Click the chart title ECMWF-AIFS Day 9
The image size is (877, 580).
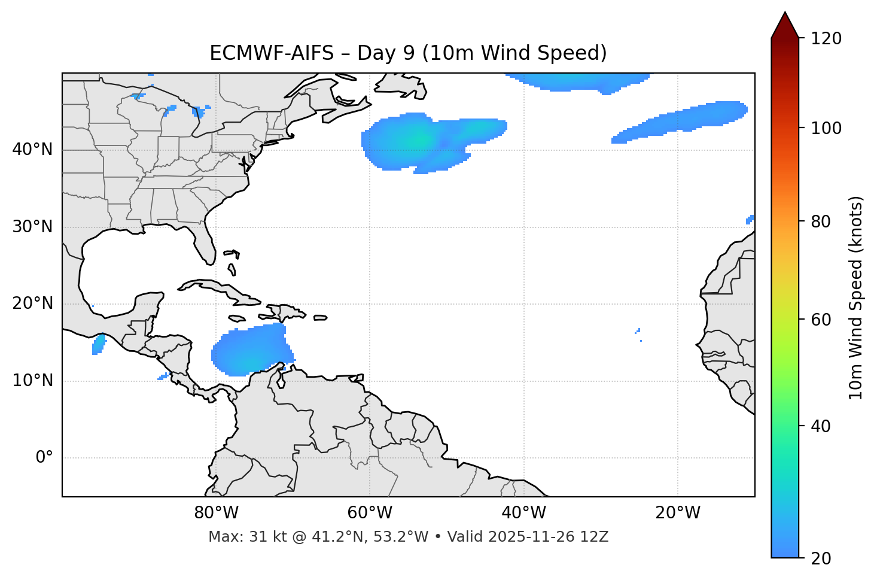(408, 53)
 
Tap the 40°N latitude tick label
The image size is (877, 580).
(32, 150)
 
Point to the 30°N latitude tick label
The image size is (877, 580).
(32, 227)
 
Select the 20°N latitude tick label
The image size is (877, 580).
(32, 303)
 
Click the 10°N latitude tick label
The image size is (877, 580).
(32, 381)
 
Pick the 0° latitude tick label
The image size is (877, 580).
(44, 458)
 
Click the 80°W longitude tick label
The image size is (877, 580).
(216, 513)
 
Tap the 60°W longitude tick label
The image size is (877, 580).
(370, 513)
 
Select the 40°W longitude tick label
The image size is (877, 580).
(524, 513)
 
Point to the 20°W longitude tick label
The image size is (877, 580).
(678, 513)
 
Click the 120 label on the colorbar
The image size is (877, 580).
(826, 39)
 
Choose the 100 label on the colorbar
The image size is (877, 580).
(826, 128)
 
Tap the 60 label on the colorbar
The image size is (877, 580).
(822, 320)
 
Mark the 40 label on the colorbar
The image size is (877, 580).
(822, 426)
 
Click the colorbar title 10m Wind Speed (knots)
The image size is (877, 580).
(856, 297)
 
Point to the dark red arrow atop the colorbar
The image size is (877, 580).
(785, 26)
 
